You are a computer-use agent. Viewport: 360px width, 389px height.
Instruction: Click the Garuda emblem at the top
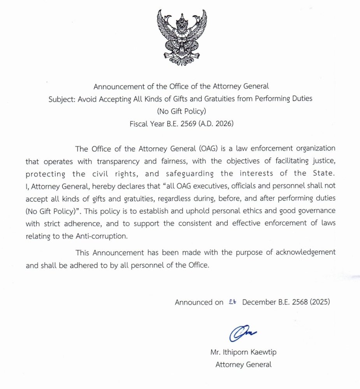tap(182, 37)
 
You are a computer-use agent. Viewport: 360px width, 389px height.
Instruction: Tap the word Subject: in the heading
tap(62, 99)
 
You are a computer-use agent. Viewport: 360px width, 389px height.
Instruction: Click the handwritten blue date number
tap(233, 302)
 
